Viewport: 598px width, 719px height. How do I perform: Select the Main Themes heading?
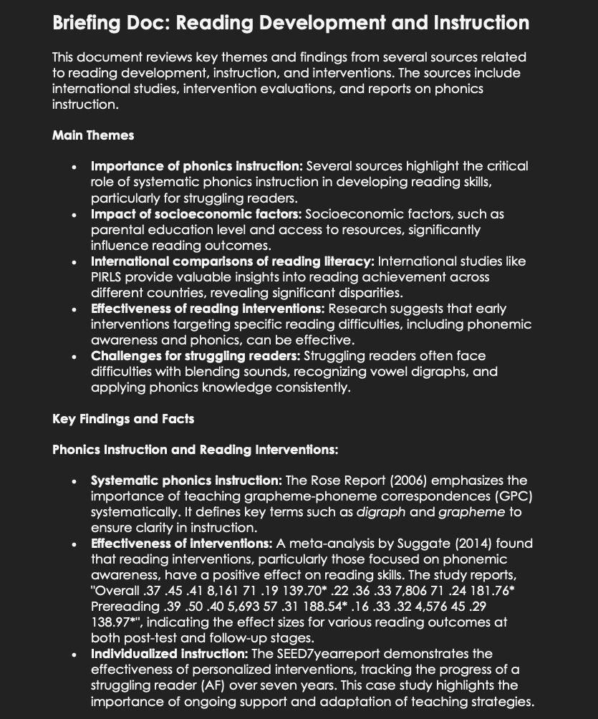pyautogui.click(x=93, y=135)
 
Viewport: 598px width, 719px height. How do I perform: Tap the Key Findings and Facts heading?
pyautogui.click(x=123, y=418)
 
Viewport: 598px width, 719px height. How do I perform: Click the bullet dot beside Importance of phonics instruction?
pyautogui.click(x=74, y=167)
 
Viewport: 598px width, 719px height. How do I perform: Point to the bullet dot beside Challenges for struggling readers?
pyautogui.click(x=74, y=356)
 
